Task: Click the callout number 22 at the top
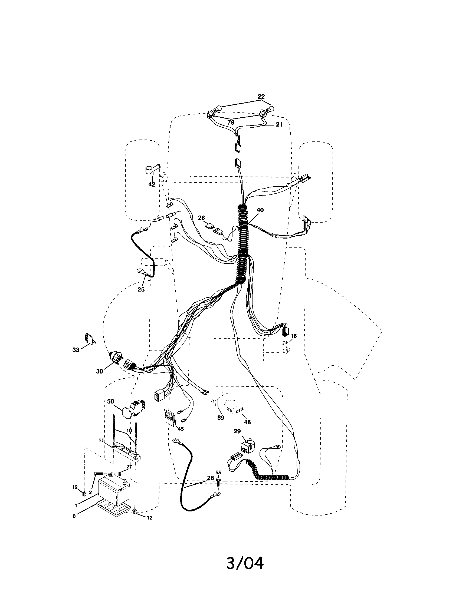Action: click(261, 97)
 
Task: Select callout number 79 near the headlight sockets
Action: click(231, 123)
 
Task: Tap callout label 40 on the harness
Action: click(260, 210)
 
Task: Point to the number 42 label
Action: click(152, 184)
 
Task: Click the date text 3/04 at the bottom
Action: click(245, 561)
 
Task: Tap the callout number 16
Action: click(293, 336)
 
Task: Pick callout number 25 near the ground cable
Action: click(141, 289)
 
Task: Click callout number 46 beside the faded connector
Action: click(247, 422)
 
